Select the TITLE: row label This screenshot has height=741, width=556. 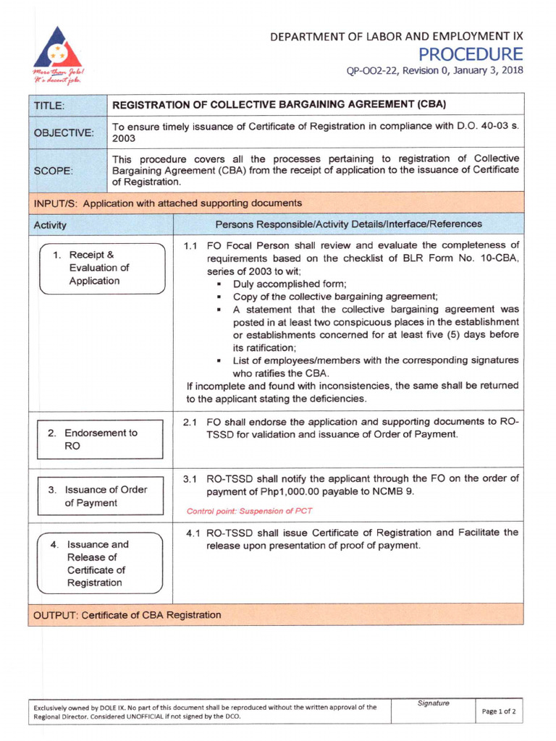click(x=49, y=106)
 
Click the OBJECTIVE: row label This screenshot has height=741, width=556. click(x=63, y=133)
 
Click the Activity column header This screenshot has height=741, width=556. click(x=50, y=225)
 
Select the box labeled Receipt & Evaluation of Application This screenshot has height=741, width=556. click(x=101, y=268)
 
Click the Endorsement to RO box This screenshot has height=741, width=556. click(x=101, y=440)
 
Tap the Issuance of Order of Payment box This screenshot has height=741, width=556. click(x=101, y=496)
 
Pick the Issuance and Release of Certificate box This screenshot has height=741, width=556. click(x=101, y=563)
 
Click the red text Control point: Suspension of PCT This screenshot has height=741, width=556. click(x=249, y=510)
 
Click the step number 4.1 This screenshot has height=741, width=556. click(x=193, y=533)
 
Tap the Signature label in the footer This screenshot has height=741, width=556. click(x=433, y=703)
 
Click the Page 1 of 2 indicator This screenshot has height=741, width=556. click(x=499, y=711)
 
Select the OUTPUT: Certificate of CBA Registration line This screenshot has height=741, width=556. click(x=127, y=615)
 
